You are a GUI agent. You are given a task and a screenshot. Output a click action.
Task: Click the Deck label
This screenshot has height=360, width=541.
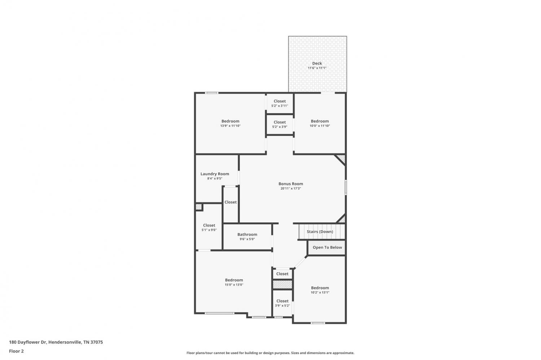click(317, 63)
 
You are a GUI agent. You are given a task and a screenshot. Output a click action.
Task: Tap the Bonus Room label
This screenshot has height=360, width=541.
click(291, 184)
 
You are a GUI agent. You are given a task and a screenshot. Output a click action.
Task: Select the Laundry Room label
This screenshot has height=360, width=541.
click(215, 174)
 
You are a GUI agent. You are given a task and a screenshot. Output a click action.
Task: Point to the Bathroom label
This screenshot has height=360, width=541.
click(247, 234)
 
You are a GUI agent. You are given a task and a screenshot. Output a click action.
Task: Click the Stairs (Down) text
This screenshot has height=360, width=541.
click(320, 231)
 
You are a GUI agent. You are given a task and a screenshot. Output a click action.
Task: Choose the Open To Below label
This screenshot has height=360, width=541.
click(327, 247)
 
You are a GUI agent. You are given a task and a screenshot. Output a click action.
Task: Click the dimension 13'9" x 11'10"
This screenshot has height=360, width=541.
click(230, 126)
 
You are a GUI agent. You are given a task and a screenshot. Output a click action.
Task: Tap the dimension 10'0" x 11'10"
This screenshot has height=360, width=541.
click(320, 126)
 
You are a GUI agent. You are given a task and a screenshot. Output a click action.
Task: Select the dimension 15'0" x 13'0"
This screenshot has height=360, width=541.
click(234, 285)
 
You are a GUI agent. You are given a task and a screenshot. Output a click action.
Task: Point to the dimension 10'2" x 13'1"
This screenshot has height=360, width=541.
click(320, 293)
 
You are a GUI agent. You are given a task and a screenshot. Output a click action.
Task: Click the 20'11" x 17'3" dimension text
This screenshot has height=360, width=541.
click(291, 188)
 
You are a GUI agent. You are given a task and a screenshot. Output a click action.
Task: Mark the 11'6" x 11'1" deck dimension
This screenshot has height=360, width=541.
click(317, 68)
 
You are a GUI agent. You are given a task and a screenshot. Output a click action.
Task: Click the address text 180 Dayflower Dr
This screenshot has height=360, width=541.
click(28, 342)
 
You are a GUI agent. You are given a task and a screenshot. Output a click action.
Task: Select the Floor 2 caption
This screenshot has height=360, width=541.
click(17, 351)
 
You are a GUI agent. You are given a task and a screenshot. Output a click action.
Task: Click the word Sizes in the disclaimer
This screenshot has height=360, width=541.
click(295, 353)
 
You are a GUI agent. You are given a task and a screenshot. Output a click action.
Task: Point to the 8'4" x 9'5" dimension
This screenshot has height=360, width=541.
click(215, 178)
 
